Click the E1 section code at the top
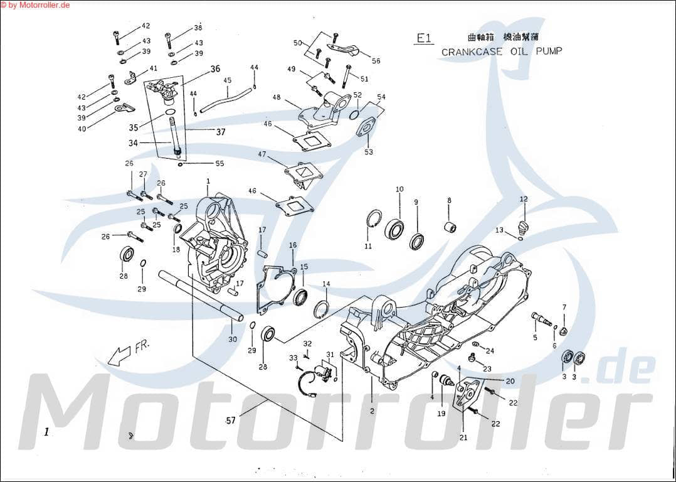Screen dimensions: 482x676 pos(425,38)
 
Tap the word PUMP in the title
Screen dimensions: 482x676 pos(549,51)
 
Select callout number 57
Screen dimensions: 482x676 pos(231,420)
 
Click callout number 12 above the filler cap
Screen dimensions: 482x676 pos(524,200)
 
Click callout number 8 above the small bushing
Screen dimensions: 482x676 pos(449,200)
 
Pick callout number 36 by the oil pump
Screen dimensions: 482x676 pos(216,69)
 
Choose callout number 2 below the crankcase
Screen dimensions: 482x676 pos(372,411)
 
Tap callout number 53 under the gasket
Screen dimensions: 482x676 pos(368,152)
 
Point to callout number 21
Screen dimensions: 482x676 pos(464,437)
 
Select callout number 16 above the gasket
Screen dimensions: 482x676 pos(292,245)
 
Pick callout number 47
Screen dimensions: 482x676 pos(262,154)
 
